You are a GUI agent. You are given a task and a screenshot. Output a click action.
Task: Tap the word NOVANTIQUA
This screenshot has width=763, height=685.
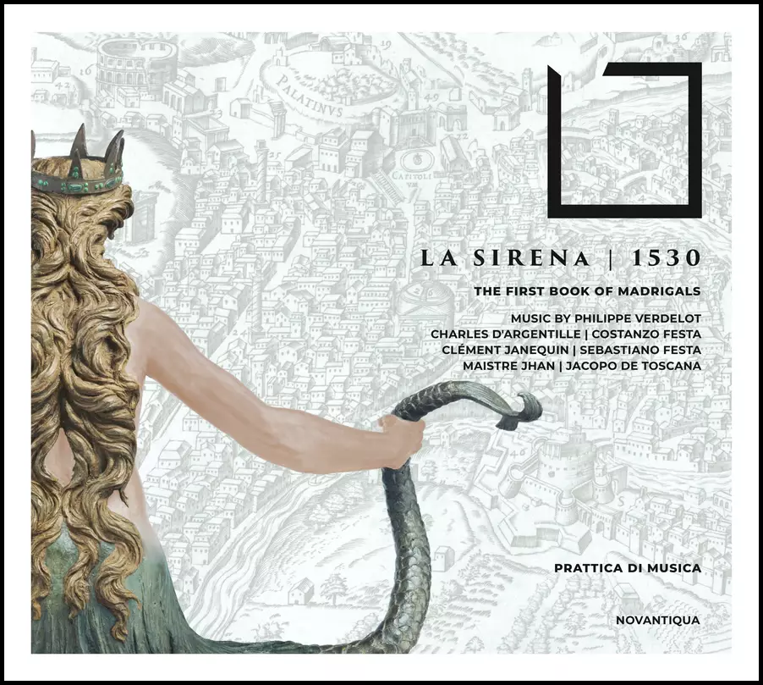coord(659,621)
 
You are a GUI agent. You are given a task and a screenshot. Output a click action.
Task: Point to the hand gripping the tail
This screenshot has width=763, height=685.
coord(403,438)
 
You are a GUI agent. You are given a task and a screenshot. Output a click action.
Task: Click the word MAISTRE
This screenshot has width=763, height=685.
coord(491,366)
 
